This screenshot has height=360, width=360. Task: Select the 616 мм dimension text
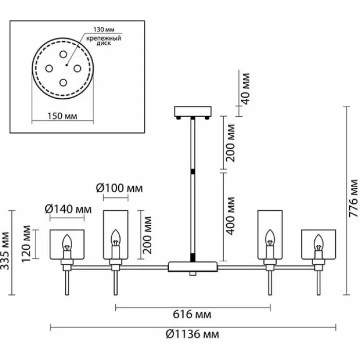point(193,314)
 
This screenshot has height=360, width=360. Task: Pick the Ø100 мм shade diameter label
point(120,189)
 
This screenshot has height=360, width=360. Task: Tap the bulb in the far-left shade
point(66,243)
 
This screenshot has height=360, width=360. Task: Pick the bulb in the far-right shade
point(318,243)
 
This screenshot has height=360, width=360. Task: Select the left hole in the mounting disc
point(49,68)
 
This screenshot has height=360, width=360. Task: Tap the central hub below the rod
point(193,266)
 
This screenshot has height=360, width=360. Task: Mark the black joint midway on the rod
point(193,171)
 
